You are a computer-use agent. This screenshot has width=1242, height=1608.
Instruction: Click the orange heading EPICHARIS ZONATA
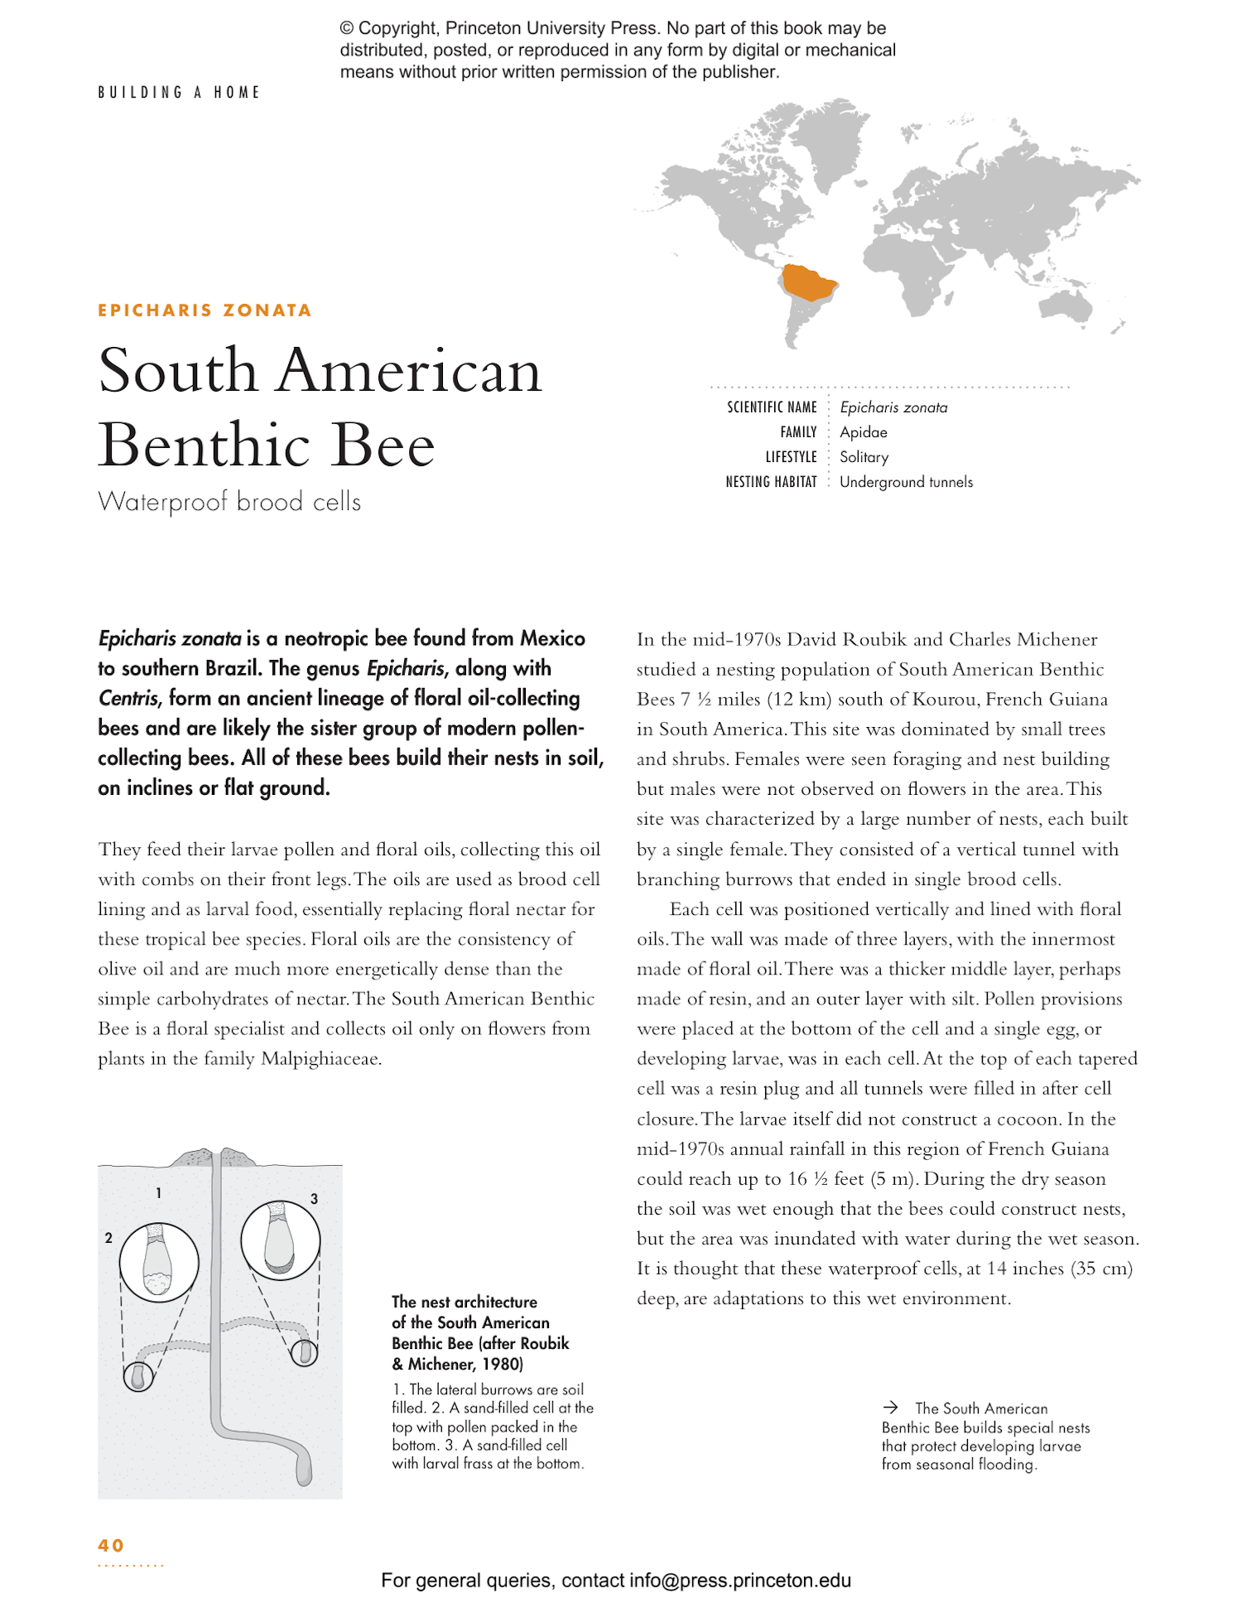[205, 311]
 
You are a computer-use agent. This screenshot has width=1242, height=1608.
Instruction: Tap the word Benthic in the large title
[204, 445]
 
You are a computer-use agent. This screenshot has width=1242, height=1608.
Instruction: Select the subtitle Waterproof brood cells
[229, 502]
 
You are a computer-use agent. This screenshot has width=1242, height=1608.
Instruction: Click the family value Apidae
[863, 432]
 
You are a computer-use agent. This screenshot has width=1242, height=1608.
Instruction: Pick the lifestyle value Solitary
[864, 457]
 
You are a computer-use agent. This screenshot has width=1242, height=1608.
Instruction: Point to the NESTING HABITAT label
[771, 482]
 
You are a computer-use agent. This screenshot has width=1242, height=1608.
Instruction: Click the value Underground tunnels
[906, 482]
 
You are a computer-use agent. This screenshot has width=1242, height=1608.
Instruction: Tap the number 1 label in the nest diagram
[158, 1193]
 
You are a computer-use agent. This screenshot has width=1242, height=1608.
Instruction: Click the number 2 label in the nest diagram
[108, 1238]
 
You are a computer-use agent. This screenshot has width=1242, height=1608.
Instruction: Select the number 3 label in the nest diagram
[314, 1199]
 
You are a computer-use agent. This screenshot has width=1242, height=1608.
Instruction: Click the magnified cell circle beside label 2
[159, 1262]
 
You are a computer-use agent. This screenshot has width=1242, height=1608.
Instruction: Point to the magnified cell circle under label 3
[280, 1240]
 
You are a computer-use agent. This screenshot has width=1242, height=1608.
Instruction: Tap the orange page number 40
[111, 1545]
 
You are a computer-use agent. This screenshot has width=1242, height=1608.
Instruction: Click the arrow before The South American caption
[890, 1407]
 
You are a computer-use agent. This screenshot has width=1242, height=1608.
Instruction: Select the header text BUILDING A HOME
[179, 92]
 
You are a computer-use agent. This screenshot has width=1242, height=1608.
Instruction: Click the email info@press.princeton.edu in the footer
[739, 1580]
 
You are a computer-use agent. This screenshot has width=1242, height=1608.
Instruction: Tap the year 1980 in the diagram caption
[502, 1364]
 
